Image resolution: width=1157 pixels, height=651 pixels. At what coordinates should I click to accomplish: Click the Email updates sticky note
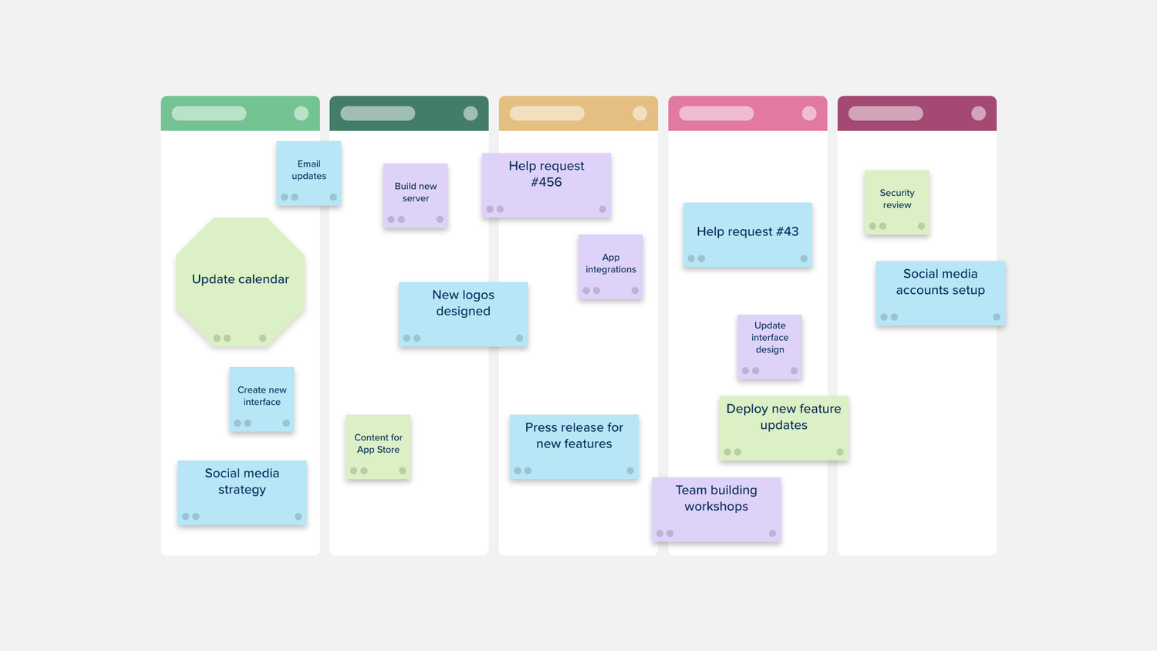pyautogui.click(x=309, y=173)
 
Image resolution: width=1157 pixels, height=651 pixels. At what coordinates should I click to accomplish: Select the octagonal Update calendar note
pyautogui.click(x=240, y=282)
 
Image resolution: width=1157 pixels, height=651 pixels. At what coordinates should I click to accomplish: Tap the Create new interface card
pyautogui.click(x=262, y=400)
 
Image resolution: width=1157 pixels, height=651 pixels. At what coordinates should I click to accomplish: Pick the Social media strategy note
pyautogui.click(x=242, y=493)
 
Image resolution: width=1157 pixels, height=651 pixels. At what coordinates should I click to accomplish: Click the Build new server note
pyautogui.click(x=415, y=196)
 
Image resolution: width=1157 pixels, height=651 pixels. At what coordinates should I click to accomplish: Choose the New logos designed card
pyautogui.click(x=464, y=314)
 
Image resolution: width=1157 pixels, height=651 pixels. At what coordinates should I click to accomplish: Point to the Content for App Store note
pyautogui.click(x=378, y=447)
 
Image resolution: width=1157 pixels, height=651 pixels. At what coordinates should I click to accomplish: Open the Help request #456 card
pyautogui.click(x=546, y=185)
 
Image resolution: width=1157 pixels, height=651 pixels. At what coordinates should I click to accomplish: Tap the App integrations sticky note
pyautogui.click(x=611, y=267)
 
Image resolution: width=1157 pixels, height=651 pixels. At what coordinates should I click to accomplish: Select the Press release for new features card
pyautogui.click(x=574, y=447)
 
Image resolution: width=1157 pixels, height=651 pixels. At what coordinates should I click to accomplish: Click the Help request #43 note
pyautogui.click(x=747, y=235)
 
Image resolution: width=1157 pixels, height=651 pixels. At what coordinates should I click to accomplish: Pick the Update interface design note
pyautogui.click(x=770, y=346)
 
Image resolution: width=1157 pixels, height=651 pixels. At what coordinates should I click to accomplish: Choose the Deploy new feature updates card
pyautogui.click(x=784, y=428)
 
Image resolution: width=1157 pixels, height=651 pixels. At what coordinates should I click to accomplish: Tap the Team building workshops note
pyautogui.click(x=717, y=509)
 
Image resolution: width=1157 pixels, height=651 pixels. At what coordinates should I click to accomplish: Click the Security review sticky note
pyautogui.click(x=896, y=203)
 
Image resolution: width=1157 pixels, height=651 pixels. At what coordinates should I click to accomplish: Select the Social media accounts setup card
pyautogui.click(x=940, y=293)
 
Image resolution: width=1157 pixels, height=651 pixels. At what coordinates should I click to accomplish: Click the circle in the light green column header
pyautogui.click(x=301, y=113)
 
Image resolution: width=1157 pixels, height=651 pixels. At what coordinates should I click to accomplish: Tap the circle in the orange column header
pyautogui.click(x=640, y=113)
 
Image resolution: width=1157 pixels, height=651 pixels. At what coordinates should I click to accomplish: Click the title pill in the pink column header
pyautogui.click(x=717, y=113)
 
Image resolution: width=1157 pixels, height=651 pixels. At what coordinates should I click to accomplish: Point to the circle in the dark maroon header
pyautogui.click(x=978, y=113)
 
